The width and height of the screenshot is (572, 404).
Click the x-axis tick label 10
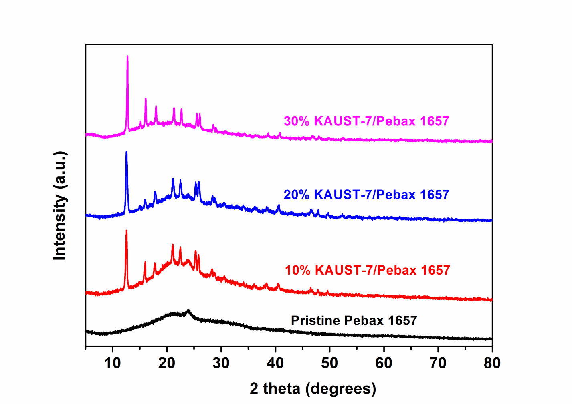[x=112, y=363]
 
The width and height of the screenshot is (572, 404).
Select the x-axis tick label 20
[x=167, y=363]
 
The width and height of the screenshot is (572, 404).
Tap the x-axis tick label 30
[x=221, y=363]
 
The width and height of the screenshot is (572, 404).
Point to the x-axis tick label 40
[x=275, y=363]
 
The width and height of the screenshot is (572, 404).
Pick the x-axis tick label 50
[x=329, y=363]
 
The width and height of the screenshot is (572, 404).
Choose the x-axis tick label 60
[x=384, y=363]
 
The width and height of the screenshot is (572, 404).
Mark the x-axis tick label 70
[x=438, y=363]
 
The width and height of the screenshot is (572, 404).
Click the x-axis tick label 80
[x=492, y=363]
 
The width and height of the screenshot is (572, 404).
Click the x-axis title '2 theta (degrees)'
[x=313, y=388]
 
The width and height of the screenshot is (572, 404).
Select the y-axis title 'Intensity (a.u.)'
[x=60, y=206]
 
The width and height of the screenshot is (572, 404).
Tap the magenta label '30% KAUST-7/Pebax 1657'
[x=366, y=121]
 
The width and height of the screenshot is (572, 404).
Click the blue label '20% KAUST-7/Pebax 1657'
[x=366, y=195]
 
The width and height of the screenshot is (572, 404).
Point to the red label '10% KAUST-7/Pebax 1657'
[x=368, y=270]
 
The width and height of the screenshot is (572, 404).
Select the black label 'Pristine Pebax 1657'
[x=354, y=320]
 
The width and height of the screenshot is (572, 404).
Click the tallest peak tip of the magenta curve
[x=127, y=56]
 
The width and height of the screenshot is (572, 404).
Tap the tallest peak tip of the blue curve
[x=127, y=152]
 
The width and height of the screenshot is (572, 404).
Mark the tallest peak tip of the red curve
[x=127, y=231]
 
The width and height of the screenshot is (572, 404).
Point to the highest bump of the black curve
[x=188, y=310]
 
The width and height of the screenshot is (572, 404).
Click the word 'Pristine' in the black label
[x=315, y=320]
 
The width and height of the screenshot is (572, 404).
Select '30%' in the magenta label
[x=297, y=121]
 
